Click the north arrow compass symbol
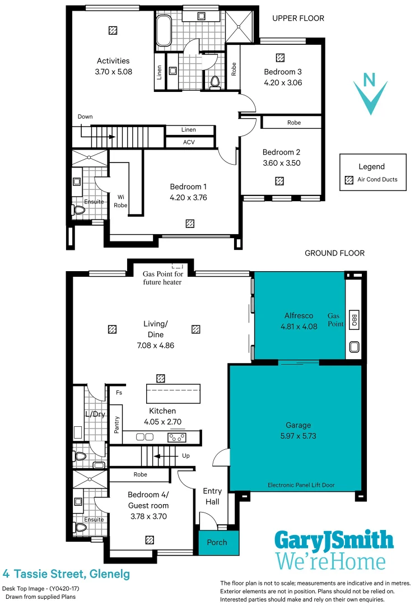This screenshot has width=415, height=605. pos(370,94)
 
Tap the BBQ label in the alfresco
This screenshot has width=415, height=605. pos(353,319)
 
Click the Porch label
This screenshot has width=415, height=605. pos(217,542)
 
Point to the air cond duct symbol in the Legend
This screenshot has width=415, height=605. pos(349,179)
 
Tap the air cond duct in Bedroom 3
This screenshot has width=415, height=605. pos(280,57)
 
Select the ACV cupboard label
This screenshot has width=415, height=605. pos(189,142)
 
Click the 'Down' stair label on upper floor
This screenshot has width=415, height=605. pos(85,117)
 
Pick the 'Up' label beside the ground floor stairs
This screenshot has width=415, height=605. pos(186,456)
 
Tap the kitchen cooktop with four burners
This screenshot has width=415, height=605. pos(178,437)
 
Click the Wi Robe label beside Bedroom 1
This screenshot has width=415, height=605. pos(120,201)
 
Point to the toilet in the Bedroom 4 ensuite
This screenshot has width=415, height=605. pos(80,528)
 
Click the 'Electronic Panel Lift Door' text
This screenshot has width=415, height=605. pos(301,485)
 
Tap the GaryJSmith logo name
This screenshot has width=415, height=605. pos(334,540)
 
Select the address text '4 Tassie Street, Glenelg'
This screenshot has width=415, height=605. pos(66,574)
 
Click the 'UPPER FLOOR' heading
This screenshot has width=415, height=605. pos(298,18)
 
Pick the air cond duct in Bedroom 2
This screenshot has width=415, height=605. pos(279,181)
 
